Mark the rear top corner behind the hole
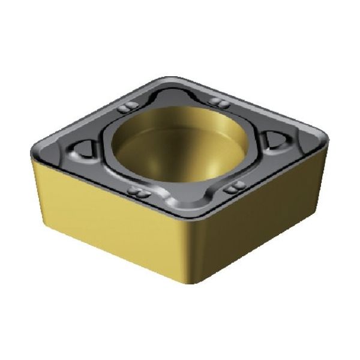point(174,78)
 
